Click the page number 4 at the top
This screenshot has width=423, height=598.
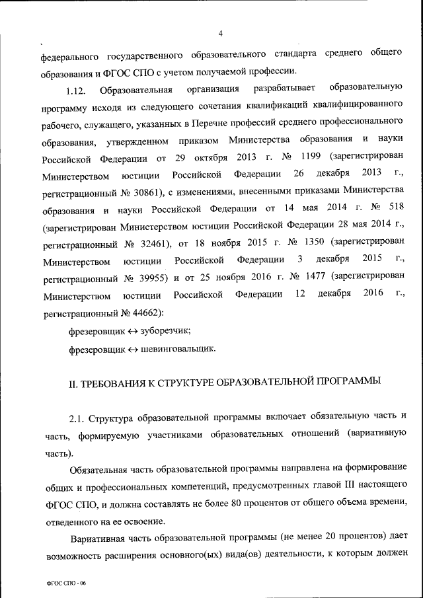(220, 34)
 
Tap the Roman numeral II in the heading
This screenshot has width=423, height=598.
(74, 383)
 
